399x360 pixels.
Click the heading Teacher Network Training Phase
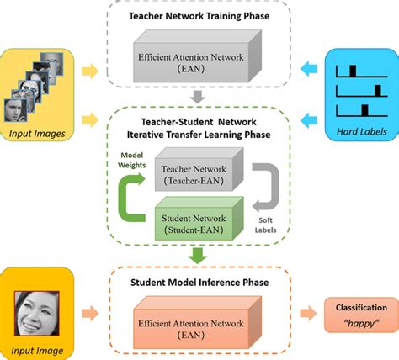point(199,17)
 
